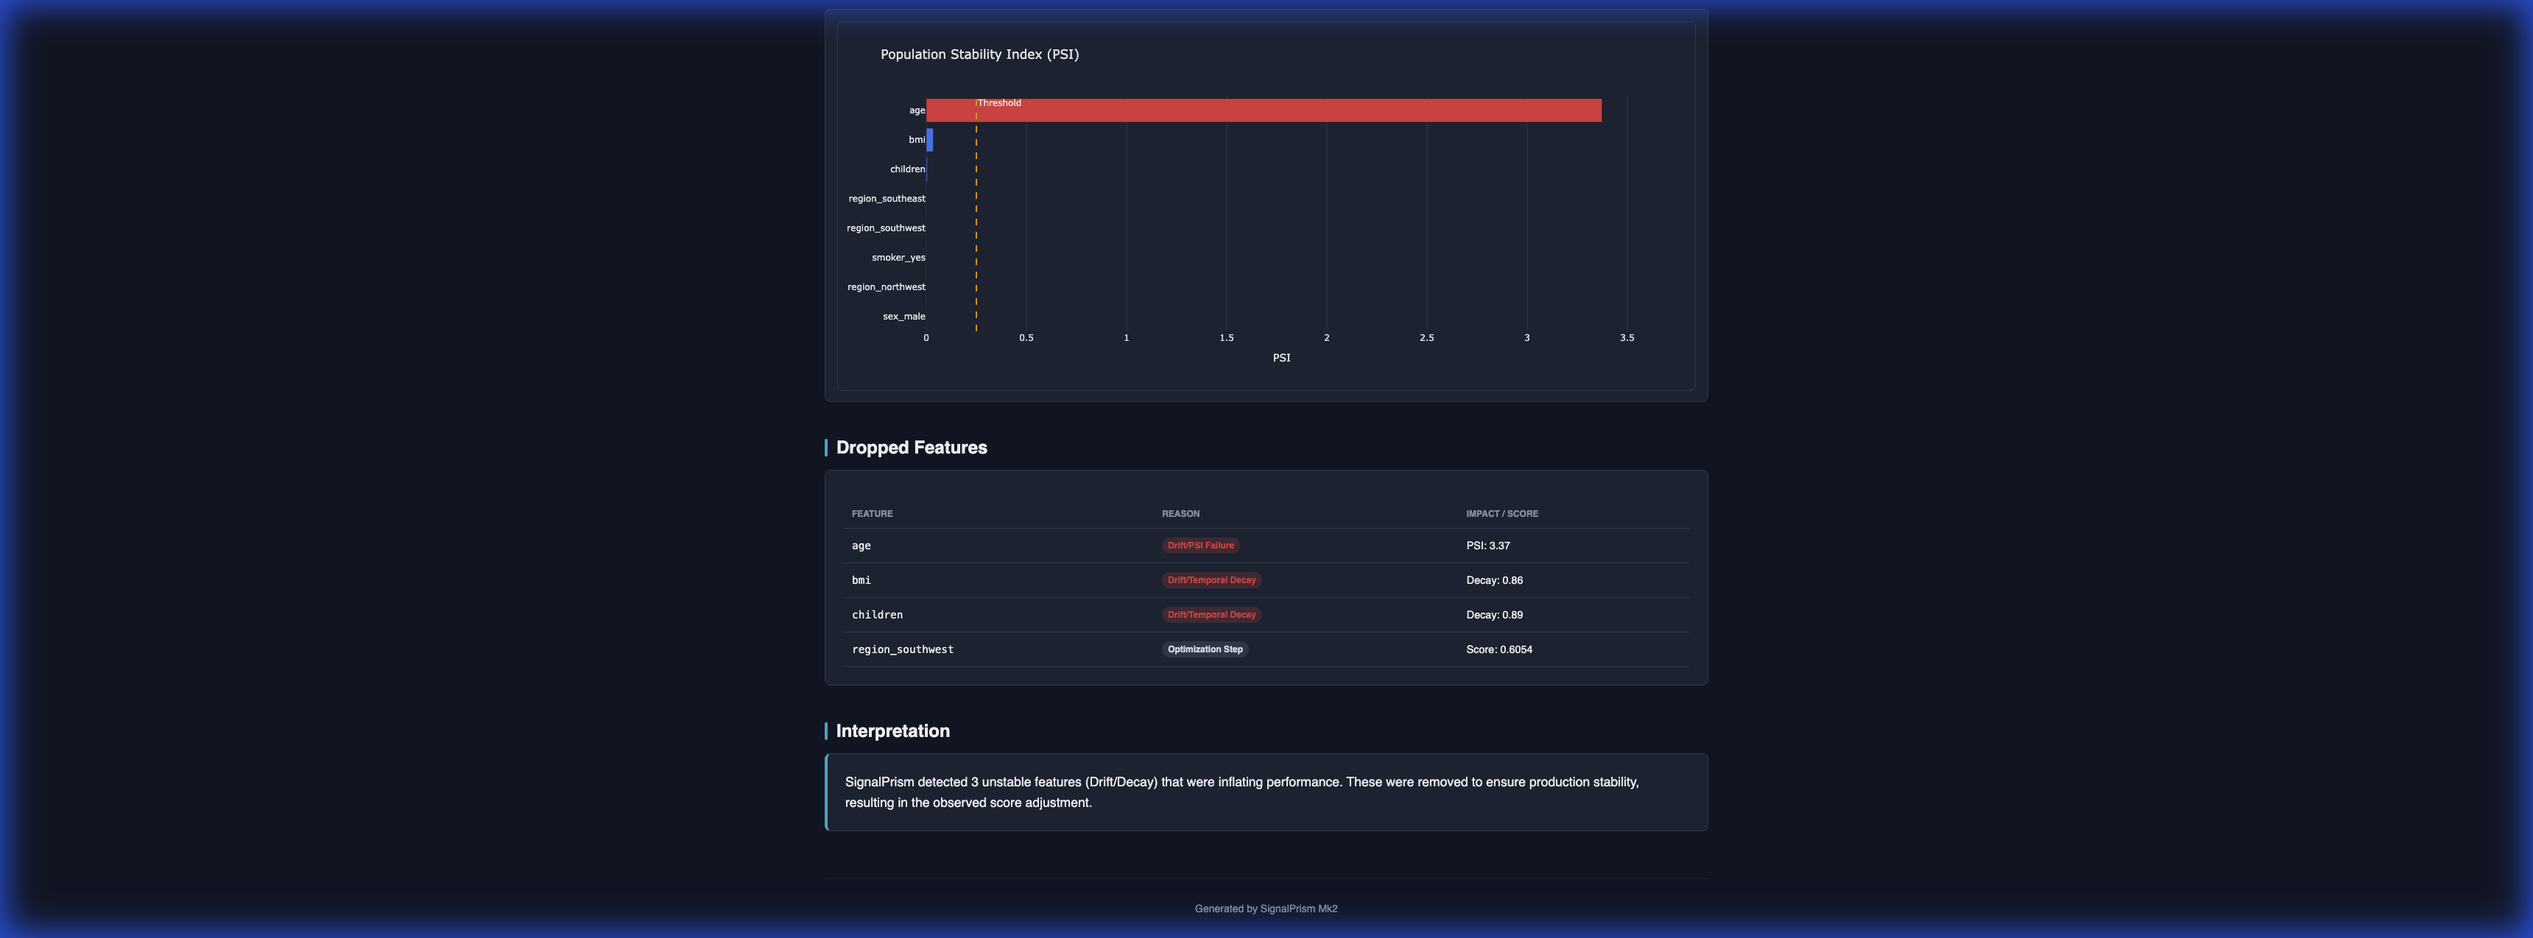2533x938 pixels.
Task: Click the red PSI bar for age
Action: (1264, 110)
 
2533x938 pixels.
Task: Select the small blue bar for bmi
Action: (929, 140)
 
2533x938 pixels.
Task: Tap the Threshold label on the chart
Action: (999, 103)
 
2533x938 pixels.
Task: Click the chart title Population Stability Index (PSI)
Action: (979, 54)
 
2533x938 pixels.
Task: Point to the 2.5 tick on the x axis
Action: (1426, 338)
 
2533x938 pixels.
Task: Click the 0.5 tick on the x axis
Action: (1026, 338)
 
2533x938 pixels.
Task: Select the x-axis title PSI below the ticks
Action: (1281, 358)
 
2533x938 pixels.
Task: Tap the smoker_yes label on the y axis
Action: (898, 258)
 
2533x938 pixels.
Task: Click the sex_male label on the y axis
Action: (903, 317)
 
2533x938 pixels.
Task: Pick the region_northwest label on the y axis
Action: (886, 287)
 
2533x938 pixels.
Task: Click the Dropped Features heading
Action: (911, 448)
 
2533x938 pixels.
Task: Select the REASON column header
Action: (1180, 514)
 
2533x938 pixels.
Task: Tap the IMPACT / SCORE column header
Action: (1501, 514)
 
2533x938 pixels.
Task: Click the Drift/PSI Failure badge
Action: (1199, 546)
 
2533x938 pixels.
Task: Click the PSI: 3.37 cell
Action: (1487, 546)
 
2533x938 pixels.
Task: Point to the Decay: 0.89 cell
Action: (1493, 616)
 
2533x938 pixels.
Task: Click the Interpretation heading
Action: (892, 730)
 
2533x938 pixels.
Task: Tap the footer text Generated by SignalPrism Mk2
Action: (1266, 909)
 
